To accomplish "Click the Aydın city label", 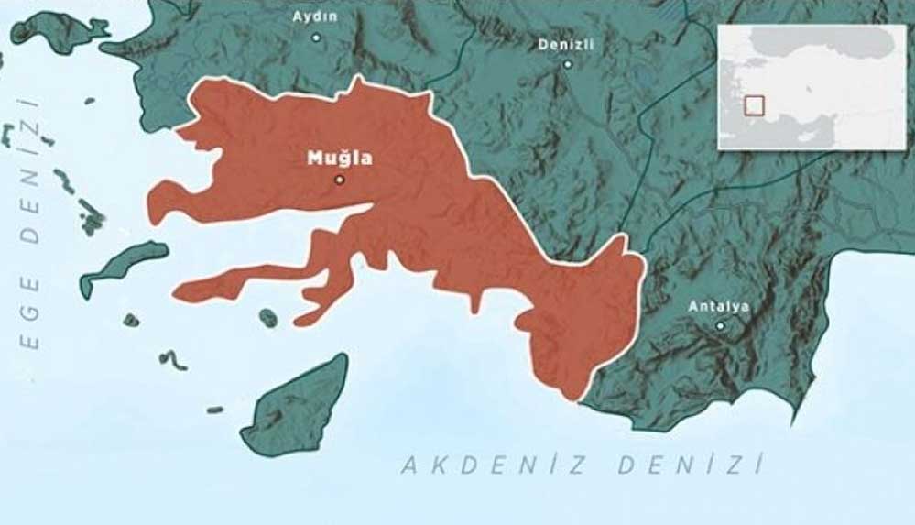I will coord(314,16).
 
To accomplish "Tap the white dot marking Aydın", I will coord(316,38).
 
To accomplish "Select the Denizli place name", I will coord(566,44).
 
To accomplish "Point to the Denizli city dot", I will coord(567,64).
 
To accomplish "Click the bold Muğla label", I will coord(340,158).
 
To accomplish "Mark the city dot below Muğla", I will coord(340,180).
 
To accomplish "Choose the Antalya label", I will coord(719,306).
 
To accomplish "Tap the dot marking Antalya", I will coord(720,325).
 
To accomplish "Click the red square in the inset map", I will coord(754,105).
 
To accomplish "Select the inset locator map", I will coord(811,86).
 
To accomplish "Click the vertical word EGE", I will coord(30,312).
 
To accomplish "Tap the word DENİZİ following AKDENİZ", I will coord(689,465).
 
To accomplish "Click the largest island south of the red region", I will coord(299,409).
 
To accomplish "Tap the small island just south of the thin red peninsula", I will coord(267,318).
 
